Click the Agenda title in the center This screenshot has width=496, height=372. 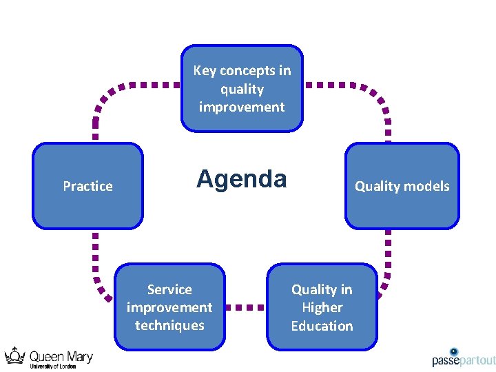tap(241, 179)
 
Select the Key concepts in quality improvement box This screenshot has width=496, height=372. tap(242, 88)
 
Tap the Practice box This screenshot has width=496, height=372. tap(87, 186)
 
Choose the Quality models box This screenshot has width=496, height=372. tap(402, 186)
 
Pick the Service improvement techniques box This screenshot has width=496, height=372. tap(169, 307)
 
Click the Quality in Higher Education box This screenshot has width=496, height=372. tap(322, 307)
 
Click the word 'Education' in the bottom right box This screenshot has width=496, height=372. tap(322, 326)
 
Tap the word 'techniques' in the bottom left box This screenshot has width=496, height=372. tap(169, 325)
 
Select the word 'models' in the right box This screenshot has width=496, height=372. tap(427, 186)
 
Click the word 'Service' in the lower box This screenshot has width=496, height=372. tap(169, 289)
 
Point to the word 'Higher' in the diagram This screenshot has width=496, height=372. tap(322, 308)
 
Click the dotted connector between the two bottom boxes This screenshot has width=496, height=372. tap(246, 307)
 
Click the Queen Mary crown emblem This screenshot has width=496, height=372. tap(15, 355)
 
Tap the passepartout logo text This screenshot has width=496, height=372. tap(463, 360)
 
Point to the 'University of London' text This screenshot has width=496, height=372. tap(53, 366)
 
